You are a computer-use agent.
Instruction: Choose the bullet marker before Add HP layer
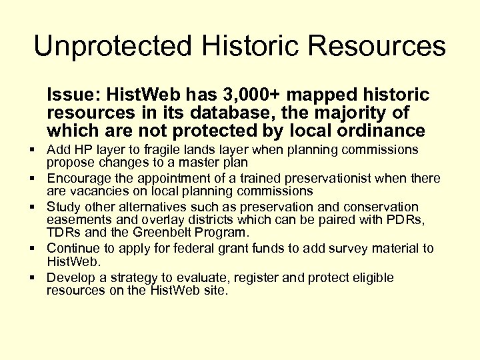coord(33,149)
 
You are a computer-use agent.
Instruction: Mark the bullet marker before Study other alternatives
coord(33,207)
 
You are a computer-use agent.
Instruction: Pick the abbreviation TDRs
coord(64,233)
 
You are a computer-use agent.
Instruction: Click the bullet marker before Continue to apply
coord(33,249)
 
